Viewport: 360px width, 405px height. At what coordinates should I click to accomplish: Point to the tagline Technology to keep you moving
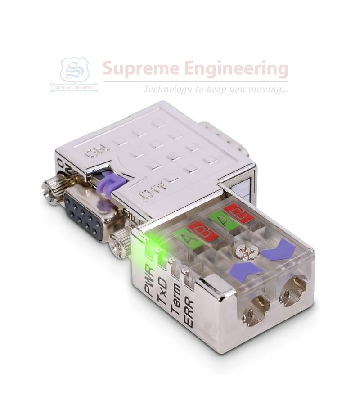[x=216, y=89]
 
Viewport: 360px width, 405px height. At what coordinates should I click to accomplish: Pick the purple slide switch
[x=112, y=183]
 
